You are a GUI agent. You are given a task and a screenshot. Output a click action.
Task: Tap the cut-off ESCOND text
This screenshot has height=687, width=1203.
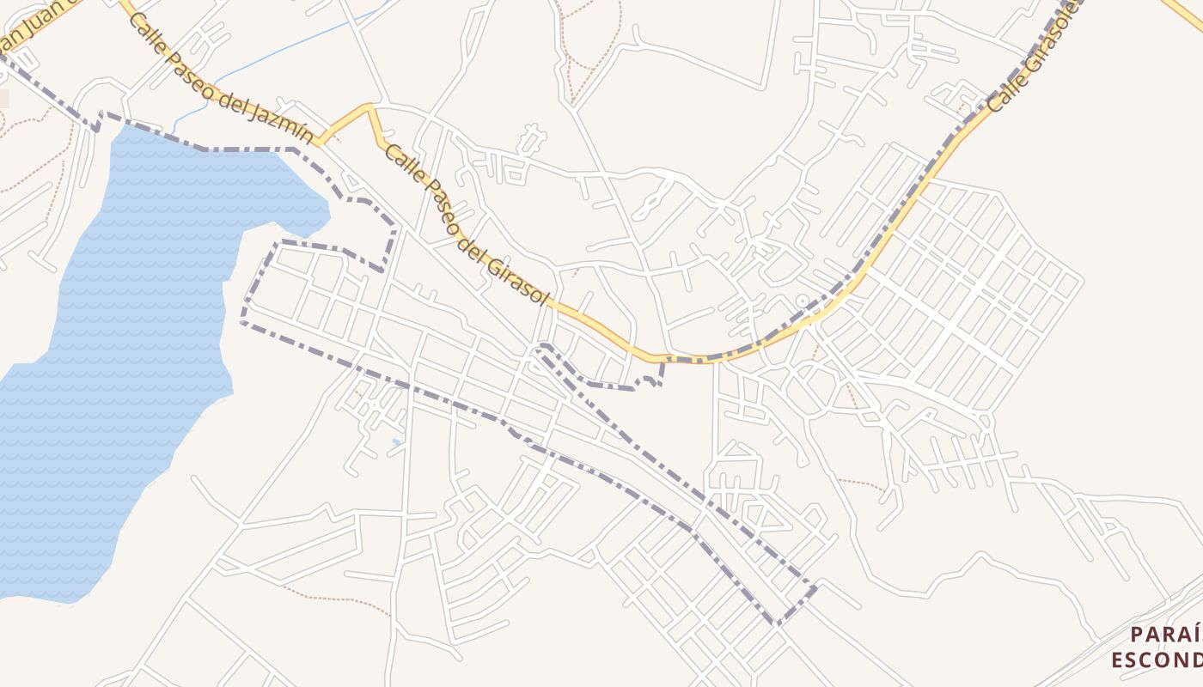coord(1156,660)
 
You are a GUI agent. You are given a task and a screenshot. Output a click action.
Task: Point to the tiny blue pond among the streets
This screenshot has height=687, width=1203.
coord(396,443)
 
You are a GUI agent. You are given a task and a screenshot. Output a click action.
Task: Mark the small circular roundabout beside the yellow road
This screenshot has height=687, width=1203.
coord(803,301)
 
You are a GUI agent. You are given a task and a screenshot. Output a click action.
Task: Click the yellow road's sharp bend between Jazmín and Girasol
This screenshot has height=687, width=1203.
coord(371,106)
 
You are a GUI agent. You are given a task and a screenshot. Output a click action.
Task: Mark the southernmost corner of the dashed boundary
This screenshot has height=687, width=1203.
coord(778,623)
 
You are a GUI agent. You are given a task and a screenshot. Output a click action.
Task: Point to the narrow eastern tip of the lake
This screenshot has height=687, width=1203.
coord(325,210)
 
